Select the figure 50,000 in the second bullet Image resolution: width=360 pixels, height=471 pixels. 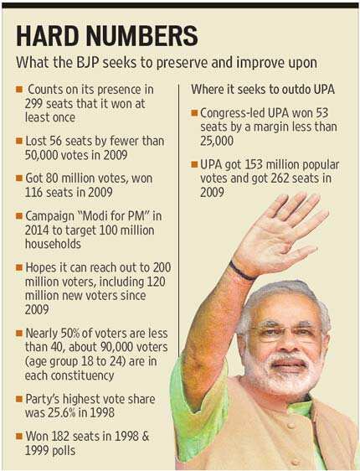[41, 155]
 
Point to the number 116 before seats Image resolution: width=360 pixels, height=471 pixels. [33, 192]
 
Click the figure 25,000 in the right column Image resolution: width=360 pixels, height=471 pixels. [217, 141]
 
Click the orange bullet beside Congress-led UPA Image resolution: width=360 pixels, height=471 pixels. [195, 113]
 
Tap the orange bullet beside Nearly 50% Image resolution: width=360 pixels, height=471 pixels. [19, 334]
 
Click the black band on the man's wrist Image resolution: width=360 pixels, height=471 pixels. [242, 272]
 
